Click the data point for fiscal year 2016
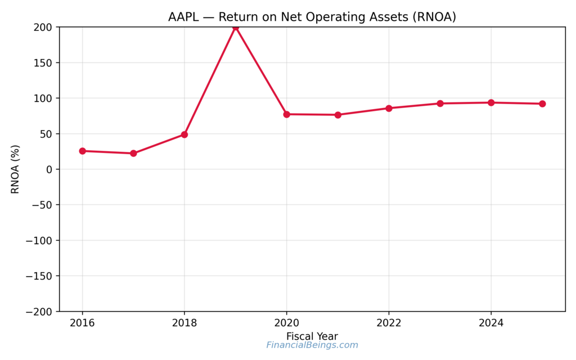(x=82, y=151)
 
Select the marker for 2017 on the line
(x=133, y=153)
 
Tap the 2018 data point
(x=184, y=134)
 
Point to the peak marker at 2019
(x=236, y=28)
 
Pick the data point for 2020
(x=286, y=114)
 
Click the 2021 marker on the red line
(x=337, y=115)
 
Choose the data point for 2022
(x=389, y=108)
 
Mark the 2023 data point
(x=440, y=103)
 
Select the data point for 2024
(x=491, y=102)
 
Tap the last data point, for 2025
(x=542, y=103)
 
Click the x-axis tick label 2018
(x=184, y=323)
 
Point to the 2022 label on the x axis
(x=389, y=323)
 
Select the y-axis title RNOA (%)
(x=15, y=169)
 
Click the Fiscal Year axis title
(x=312, y=336)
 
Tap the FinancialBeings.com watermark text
(x=312, y=345)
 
